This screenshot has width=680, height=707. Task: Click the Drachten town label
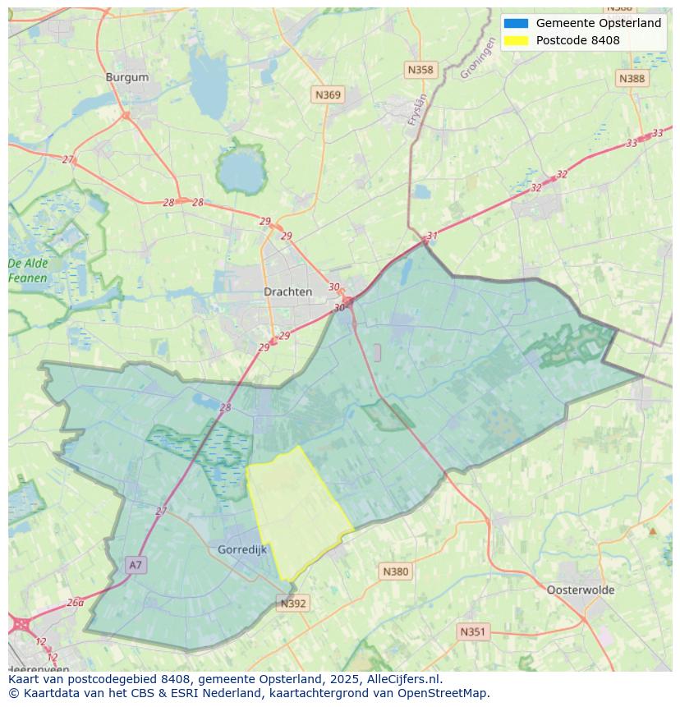pos(287,292)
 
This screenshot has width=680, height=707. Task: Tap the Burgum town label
pos(127,77)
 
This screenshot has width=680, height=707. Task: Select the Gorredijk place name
pos(242,550)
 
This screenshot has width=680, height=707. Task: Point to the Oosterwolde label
pos(580,590)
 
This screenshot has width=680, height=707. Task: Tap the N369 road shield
pos(328,95)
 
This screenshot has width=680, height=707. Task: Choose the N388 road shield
pos(632,78)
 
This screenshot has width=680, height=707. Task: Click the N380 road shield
pos(395,572)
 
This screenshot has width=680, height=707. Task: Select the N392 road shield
pos(293,604)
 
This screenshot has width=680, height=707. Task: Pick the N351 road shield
pos(472,631)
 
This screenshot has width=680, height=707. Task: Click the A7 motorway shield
pos(136,565)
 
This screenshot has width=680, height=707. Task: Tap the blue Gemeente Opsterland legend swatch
pos(516,23)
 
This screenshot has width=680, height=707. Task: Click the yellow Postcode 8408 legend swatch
pos(516,40)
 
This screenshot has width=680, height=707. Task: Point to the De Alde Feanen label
pos(28,271)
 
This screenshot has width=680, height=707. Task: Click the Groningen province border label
pos(478,60)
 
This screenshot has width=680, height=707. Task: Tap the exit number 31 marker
pos(432,236)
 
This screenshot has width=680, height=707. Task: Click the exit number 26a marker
pos(75,602)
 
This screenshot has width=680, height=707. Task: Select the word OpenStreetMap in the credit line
pos(445,693)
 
